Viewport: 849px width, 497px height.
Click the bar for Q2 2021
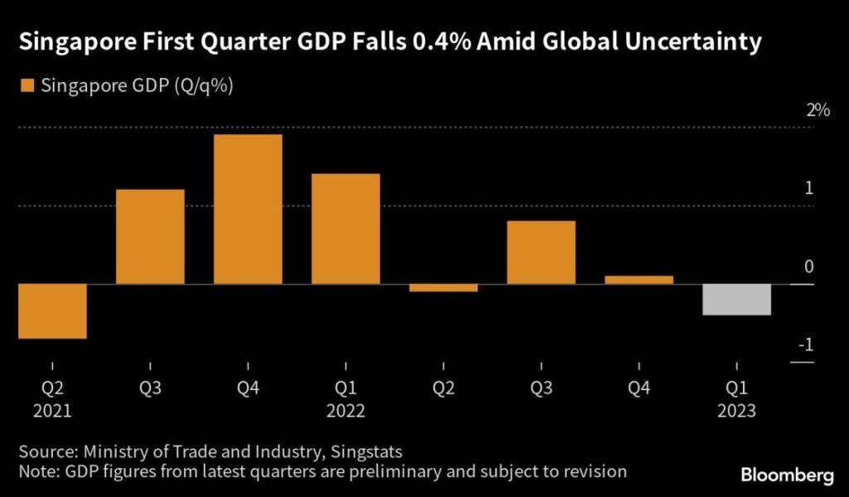(52, 311)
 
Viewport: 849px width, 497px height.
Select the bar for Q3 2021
(150, 236)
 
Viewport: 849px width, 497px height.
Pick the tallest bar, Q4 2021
(248, 209)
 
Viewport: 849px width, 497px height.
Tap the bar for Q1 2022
(346, 229)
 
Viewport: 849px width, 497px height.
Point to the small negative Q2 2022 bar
(444, 288)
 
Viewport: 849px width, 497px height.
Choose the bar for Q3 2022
(541, 252)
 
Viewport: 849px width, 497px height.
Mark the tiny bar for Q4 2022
(639, 280)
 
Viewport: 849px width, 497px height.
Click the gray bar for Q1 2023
(737, 300)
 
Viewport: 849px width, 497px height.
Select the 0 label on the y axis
(809, 267)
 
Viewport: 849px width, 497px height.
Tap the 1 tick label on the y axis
(809, 188)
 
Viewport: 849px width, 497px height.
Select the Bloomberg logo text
(786, 475)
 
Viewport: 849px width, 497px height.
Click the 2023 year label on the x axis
(737, 410)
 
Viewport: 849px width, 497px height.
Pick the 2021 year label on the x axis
(52, 410)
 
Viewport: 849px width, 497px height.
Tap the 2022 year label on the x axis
(346, 410)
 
